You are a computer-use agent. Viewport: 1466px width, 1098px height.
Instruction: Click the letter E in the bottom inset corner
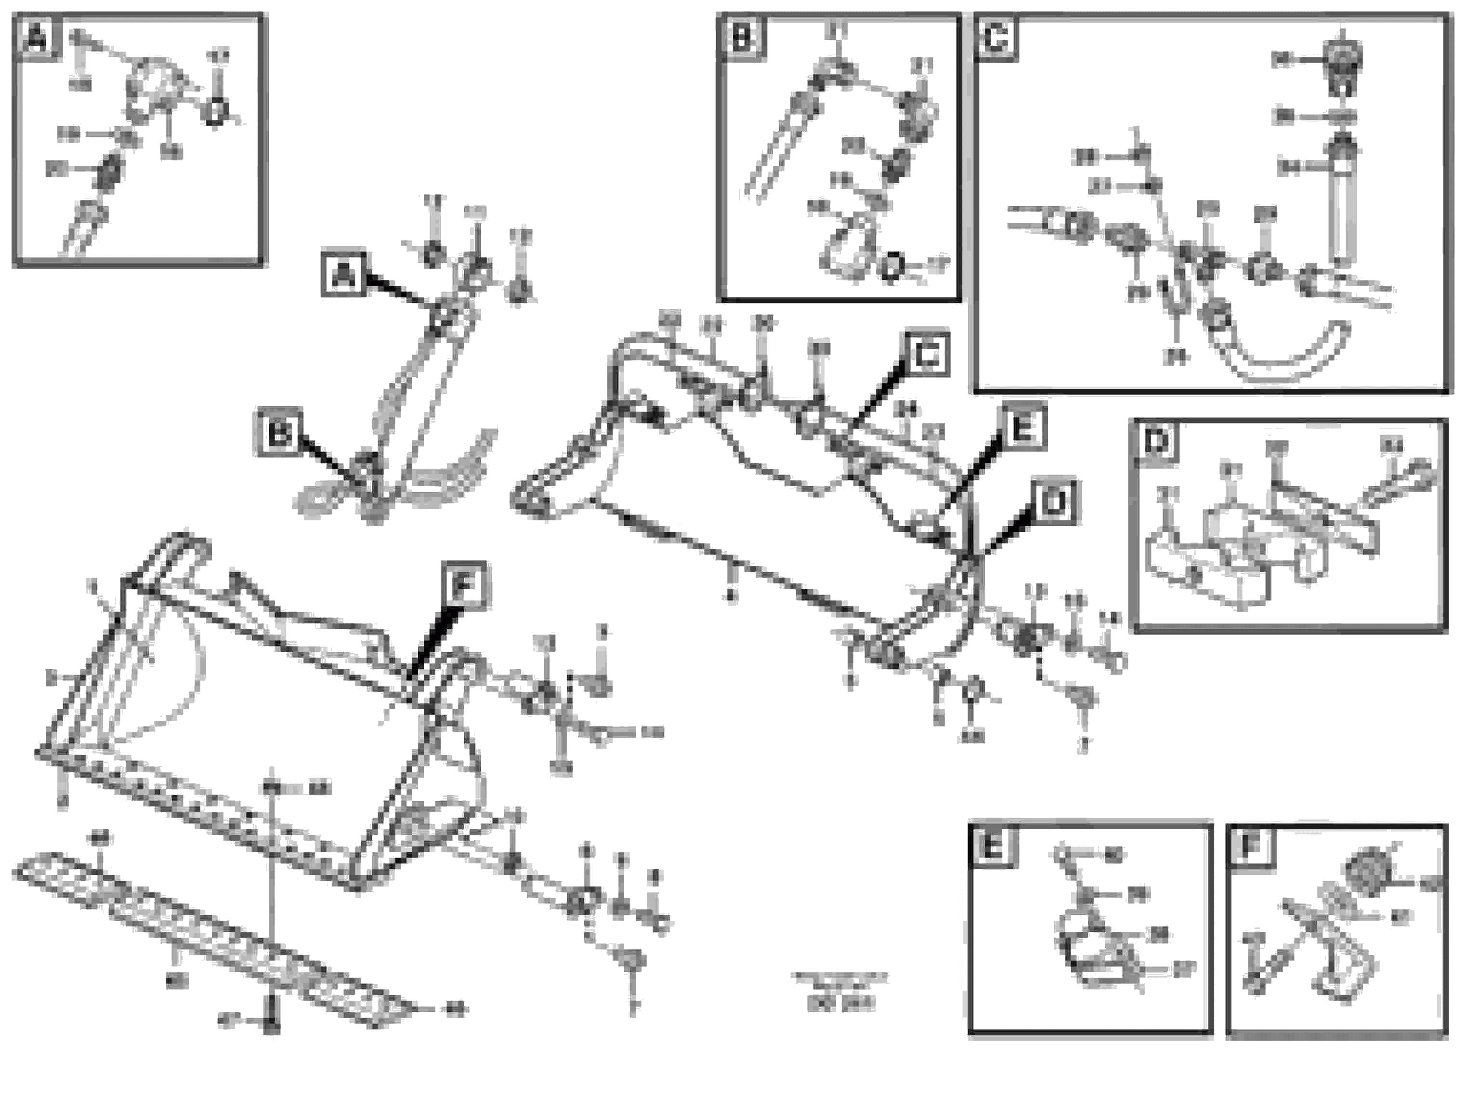tap(992, 847)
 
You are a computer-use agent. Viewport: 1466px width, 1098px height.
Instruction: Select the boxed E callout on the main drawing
tap(1022, 426)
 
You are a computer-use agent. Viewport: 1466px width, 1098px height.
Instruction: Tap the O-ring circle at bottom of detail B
tap(891, 265)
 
